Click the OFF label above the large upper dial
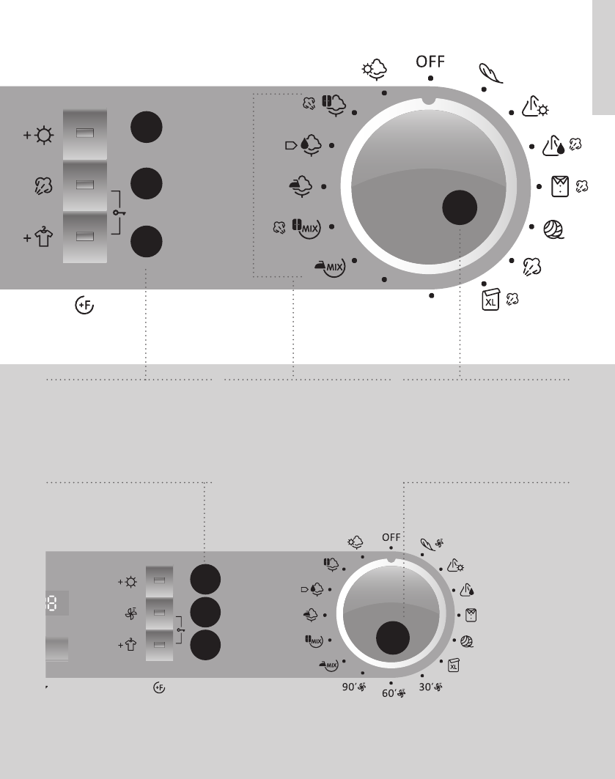click(430, 62)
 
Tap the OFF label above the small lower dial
click(391, 537)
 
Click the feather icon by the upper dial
click(491, 73)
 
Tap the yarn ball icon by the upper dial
click(553, 229)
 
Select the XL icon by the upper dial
click(490, 300)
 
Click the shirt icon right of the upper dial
click(560, 186)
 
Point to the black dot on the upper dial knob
click(460, 207)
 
